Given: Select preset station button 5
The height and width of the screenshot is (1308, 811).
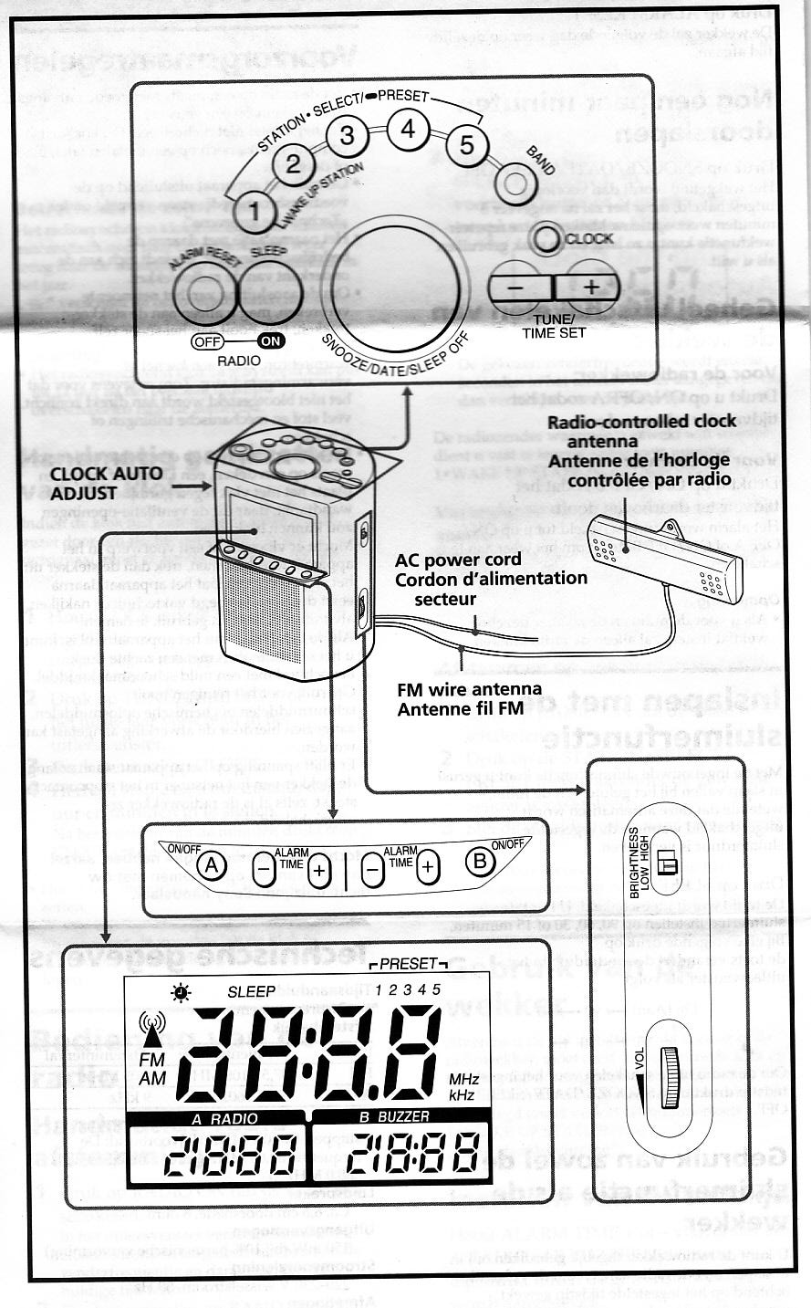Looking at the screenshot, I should point(466,144).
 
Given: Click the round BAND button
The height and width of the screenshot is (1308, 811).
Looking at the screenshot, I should point(516,183).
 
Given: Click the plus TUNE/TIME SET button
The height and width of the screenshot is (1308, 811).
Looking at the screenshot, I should point(589,288).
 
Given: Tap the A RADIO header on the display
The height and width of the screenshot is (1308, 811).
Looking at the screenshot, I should point(217,1119).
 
